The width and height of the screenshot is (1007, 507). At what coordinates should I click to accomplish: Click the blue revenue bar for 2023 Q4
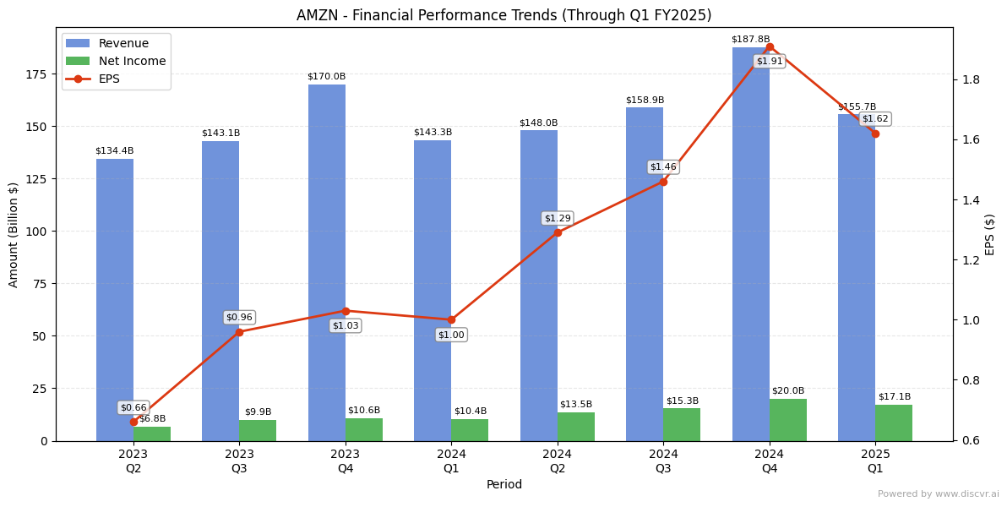pos(327,262)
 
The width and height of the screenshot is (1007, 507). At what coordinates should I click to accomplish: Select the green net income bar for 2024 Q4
pos(788,420)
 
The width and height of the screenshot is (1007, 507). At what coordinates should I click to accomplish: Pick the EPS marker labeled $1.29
pos(558,232)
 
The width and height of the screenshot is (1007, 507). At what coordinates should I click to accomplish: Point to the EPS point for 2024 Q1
pos(451,319)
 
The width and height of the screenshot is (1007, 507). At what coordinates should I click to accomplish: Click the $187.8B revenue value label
pos(750,39)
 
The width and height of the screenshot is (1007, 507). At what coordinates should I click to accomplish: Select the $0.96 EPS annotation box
pos(239,318)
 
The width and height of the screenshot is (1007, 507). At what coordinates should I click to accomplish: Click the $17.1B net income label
pos(894,396)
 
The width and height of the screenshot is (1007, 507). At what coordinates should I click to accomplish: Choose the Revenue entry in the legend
pos(123,43)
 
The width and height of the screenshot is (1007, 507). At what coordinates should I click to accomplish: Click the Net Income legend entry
pos(132,61)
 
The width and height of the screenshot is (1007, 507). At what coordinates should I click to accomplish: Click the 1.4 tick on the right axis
pos(971,200)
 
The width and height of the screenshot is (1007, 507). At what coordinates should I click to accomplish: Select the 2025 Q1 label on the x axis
pos(875,461)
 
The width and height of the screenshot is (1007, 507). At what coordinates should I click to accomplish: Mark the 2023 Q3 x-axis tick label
pos(239,461)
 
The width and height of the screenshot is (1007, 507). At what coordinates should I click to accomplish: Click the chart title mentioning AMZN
pos(503,15)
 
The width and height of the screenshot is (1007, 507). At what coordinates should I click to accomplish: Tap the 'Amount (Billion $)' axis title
pos(14,235)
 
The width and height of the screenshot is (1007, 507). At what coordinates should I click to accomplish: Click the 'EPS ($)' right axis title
pos(990,234)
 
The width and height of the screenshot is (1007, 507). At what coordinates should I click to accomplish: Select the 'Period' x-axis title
pos(504,485)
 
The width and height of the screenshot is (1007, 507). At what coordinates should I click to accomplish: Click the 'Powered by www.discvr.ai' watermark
pos(938,494)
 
